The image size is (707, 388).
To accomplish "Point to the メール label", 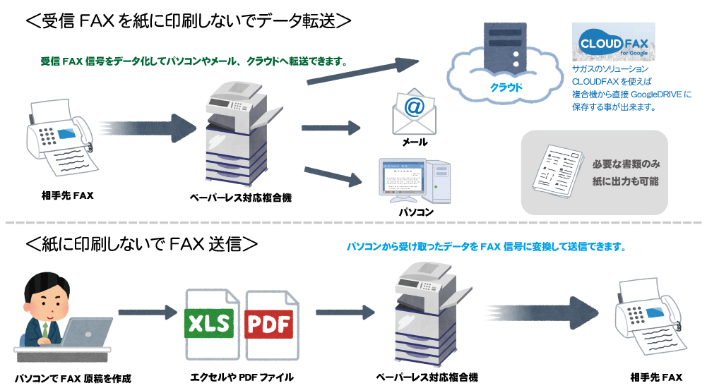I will tap(415, 143).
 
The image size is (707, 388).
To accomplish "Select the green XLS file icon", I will tap(209, 325).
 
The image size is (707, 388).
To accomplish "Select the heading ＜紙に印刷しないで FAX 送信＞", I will tap(141, 244).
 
